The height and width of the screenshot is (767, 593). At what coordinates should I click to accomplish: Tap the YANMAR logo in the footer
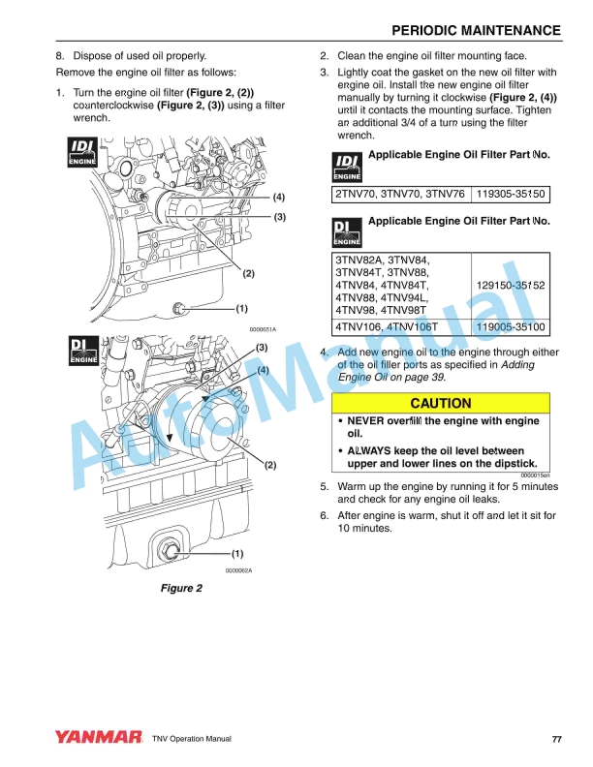click(98, 739)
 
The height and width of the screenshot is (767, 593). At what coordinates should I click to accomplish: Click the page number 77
click(556, 740)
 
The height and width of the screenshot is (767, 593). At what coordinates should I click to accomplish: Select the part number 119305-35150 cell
click(511, 195)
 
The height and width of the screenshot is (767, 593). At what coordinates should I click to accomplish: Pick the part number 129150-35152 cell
click(511, 286)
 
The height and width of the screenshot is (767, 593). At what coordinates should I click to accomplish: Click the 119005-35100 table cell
click(511, 327)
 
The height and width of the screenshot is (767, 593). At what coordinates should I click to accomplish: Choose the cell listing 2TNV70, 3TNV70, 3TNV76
click(400, 195)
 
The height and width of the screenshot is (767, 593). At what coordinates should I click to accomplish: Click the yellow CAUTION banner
click(441, 403)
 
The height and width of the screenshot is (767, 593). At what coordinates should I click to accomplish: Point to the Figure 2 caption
click(181, 589)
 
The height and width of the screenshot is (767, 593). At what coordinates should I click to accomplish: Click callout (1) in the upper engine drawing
click(241, 309)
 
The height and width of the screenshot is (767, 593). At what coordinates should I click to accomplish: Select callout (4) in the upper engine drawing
click(278, 197)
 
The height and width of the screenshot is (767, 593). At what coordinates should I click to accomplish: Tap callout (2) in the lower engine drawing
click(270, 466)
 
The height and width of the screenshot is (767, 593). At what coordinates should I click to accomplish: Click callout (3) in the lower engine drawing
click(262, 347)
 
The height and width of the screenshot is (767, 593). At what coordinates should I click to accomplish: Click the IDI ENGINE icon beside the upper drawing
click(79, 153)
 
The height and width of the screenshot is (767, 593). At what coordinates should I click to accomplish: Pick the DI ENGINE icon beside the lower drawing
click(79, 351)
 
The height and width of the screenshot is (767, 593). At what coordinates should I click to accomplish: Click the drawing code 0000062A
click(238, 570)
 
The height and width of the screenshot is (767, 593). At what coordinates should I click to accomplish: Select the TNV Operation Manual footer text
click(191, 740)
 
